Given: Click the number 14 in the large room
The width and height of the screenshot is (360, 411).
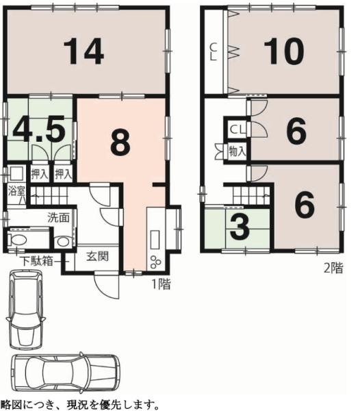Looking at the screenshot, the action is tap(83, 51).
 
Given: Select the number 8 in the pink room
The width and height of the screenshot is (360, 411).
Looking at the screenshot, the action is tap(120, 144).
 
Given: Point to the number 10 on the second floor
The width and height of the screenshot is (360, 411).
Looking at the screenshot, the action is tap(283, 51).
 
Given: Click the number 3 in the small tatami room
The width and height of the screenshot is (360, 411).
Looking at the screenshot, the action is tap(240, 227).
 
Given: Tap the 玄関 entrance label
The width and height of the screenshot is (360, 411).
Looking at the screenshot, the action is tap(97, 256).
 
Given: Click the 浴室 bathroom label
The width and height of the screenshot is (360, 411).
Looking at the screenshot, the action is tap(16, 191).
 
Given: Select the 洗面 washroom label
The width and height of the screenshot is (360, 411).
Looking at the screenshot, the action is tap(58, 217).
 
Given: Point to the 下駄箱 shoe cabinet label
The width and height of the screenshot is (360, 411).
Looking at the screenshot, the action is tap(37, 261).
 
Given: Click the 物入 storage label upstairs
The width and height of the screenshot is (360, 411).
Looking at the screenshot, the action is tap(237, 152).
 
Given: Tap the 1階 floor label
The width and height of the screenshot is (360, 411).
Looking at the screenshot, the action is tap(162, 284).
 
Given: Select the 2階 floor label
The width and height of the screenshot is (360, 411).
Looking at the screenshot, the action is tap(333, 268).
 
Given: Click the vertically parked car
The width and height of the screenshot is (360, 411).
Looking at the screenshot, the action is tap(25, 309).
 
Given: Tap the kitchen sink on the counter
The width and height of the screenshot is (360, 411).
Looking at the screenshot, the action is tap(155, 240).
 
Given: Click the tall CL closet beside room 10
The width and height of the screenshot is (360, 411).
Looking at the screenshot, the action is tap(214, 51).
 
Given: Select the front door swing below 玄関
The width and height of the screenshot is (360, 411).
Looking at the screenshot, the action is tap(107, 286).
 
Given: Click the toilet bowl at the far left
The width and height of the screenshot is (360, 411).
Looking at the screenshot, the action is tap(18, 240).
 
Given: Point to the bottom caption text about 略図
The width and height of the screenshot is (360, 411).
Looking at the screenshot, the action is tap(79, 405).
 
